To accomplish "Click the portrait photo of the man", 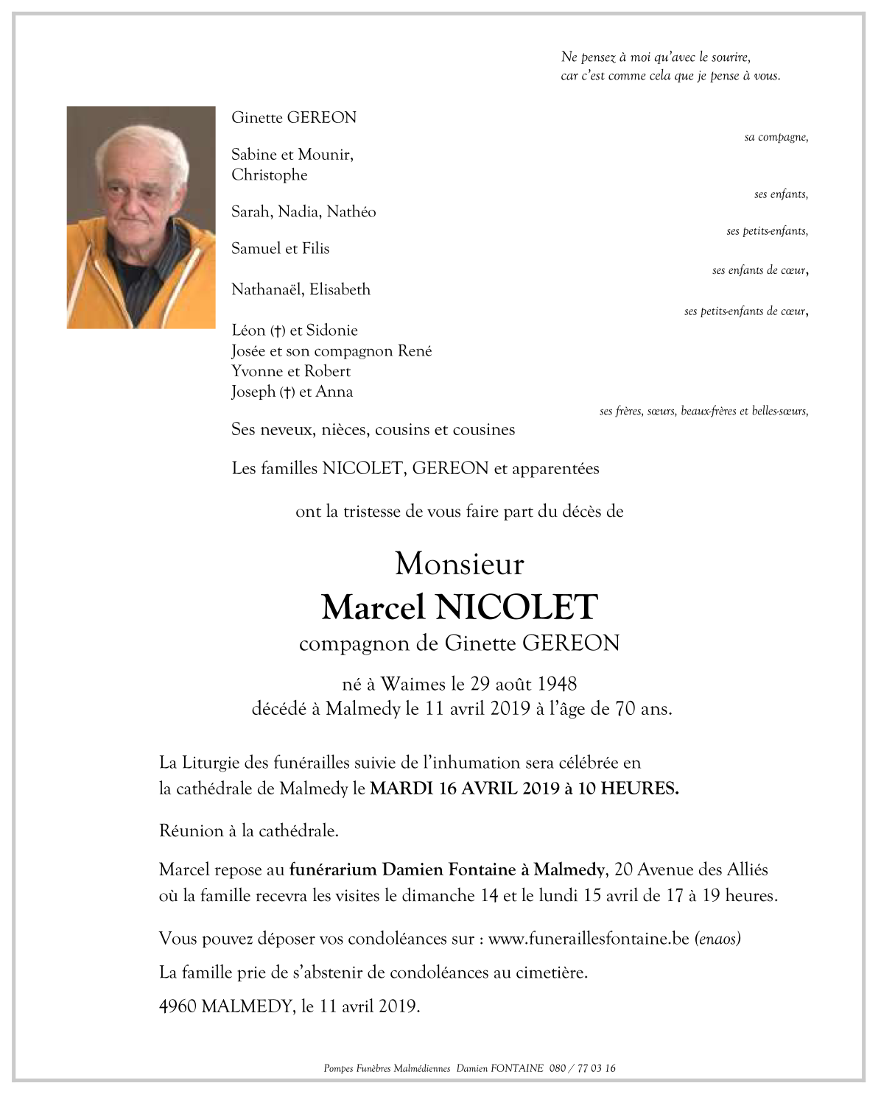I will (141, 217).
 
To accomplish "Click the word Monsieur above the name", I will (459, 564).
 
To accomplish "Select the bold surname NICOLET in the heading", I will (516, 607).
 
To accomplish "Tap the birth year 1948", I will (556, 684).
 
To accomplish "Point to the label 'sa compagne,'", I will (776, 137).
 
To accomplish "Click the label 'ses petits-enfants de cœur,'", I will (745, 311).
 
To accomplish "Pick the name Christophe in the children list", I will (270, 175).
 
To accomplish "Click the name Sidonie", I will (332, 331).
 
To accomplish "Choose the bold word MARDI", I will (401, 788).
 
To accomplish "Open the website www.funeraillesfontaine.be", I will (589, 939).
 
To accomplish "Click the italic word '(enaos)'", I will (717, 939).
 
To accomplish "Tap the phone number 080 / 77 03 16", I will (582, 1068).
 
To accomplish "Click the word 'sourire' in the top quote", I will (730, 57).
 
